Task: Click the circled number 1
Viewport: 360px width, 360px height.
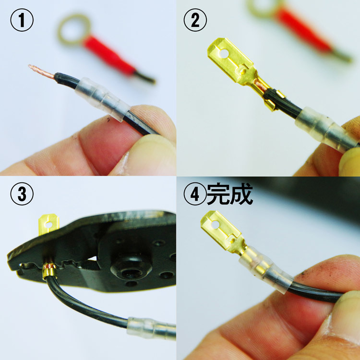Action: click(x=22, y=20)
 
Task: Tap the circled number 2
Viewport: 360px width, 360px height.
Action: click(x=195, y=20)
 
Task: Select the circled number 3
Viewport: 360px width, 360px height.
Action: click(x=22, y=193)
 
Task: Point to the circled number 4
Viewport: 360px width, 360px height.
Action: click(x=195, y=193)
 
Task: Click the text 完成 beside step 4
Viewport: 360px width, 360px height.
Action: click(x=230, y=193)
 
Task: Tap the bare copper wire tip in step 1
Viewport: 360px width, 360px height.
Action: click(x=41, y=72)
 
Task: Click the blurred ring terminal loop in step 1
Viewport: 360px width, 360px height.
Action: click(x=74, y=29)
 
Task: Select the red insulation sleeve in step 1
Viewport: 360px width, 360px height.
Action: click(x=108, y=55)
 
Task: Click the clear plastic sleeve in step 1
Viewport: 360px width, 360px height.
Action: click(x=103, y=99)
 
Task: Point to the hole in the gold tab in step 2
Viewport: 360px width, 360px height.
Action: click(x=224, y=54)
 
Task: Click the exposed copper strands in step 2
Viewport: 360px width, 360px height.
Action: click(x=260, y=84)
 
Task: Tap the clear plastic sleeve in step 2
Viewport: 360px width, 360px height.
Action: click(x=326, y=130)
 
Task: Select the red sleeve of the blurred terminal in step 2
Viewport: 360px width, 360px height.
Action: click(x=303, y=29)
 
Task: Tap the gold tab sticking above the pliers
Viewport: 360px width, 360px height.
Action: click(x=48, y=224)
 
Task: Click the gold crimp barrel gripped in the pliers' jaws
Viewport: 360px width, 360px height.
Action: click(x=49, y=271)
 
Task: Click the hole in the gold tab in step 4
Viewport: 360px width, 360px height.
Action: click(x=215, y=225)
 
